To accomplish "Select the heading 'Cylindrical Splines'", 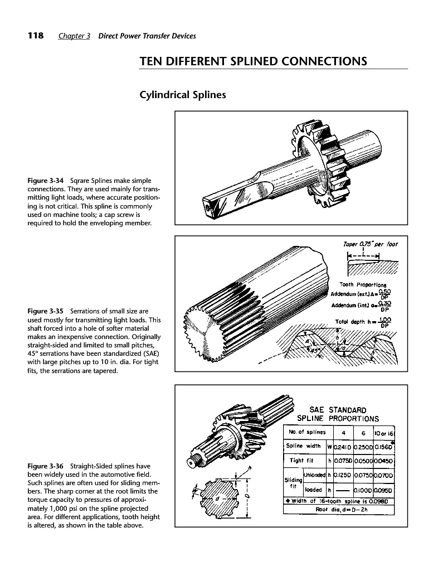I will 182,95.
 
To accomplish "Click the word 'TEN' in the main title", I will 153,61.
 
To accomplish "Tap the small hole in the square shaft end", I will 208,207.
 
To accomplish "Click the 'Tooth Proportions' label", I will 363,285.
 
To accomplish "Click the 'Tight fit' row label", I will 305,461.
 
